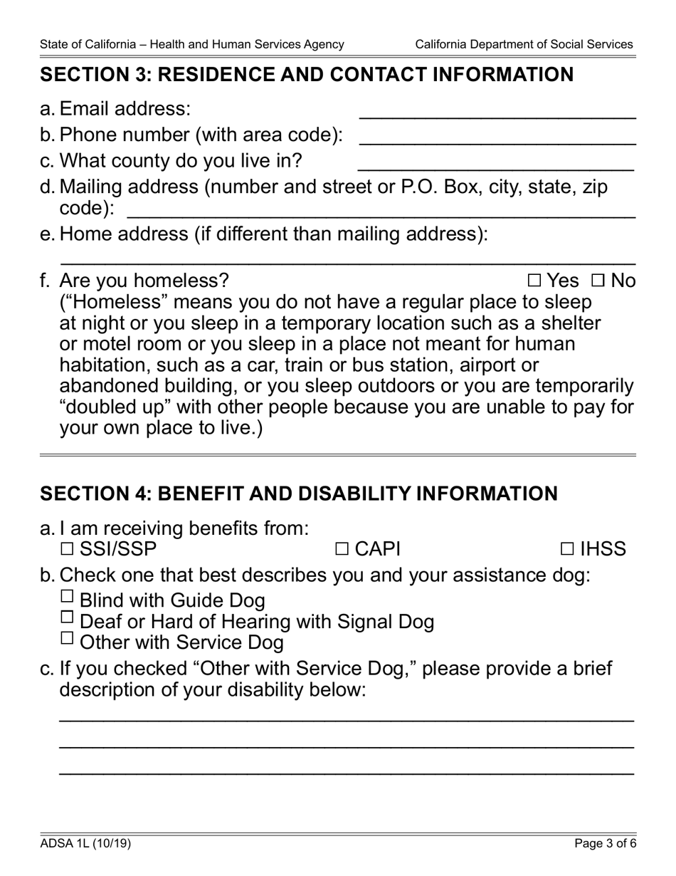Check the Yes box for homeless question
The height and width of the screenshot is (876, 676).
tap(535, 281)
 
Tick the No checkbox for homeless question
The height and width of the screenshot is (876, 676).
tap(598, 281)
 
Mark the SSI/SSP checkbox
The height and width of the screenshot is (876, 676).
tap(67, 549)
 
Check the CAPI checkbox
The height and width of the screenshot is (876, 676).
tap(342, 549)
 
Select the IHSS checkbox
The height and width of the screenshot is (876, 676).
tap(567, 549)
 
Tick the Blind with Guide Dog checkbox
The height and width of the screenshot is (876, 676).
tap(67, 597)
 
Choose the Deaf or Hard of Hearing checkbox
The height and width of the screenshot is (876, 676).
tap(67, 617)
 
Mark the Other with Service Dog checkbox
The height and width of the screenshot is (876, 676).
tap(67, 638)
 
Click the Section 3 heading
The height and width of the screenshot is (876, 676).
tap(306, 75)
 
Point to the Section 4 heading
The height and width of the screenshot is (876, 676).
tap(299, 494)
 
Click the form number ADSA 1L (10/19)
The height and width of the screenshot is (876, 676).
tap(85, 845)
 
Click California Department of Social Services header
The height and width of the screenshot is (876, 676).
tap(524, 44)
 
